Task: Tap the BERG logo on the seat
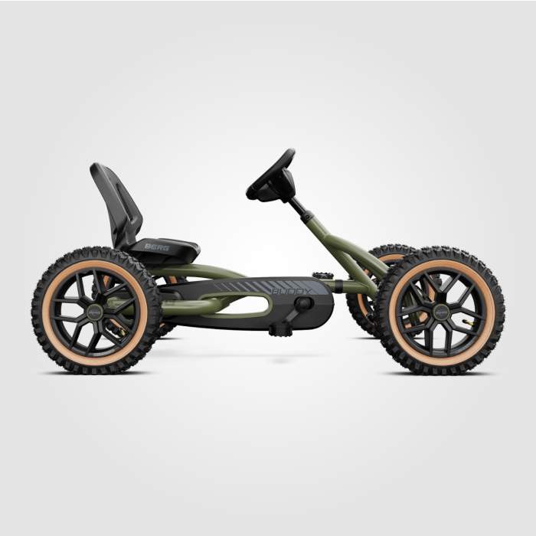point(156,247)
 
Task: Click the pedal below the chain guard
point(279,329)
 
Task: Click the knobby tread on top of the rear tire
point(95,253)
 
